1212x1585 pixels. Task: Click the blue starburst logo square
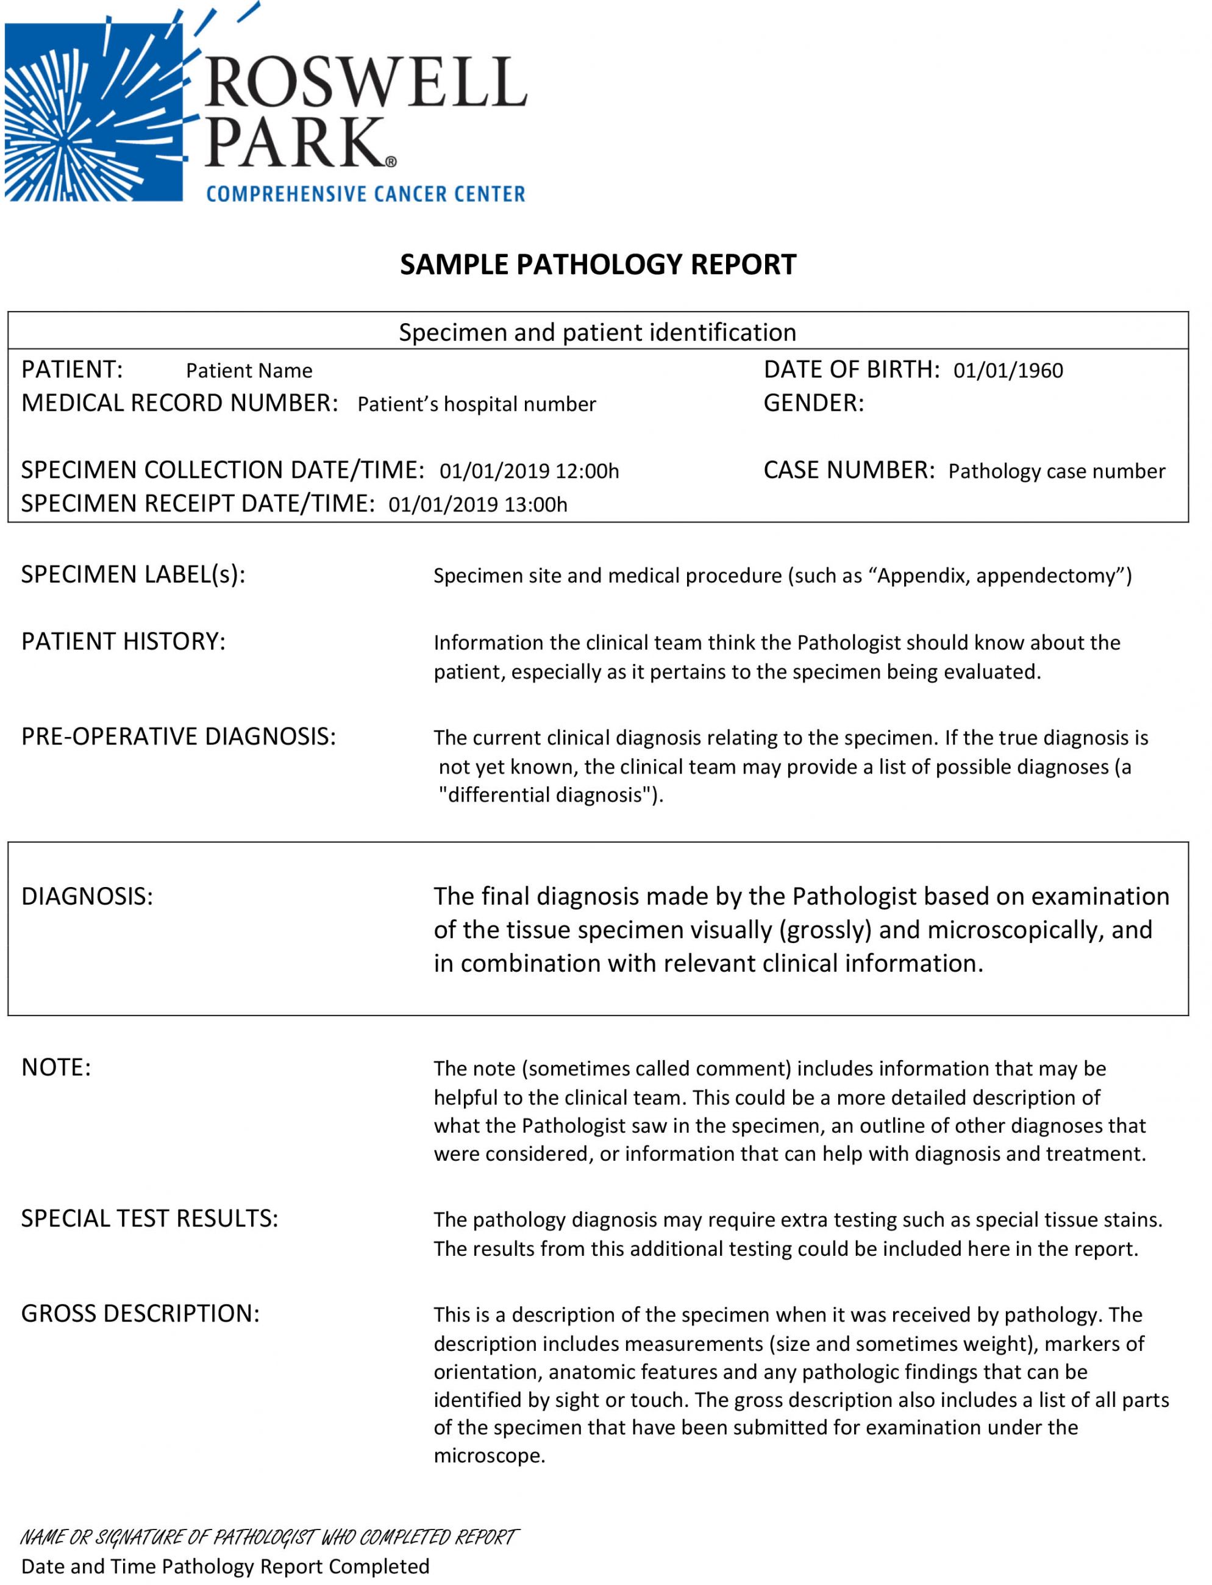click(94, 112)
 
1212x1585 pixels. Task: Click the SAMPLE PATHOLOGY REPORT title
click(598, 265)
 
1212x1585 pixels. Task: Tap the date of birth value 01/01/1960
click(1008, 371)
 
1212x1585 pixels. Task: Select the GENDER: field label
click(813, 404)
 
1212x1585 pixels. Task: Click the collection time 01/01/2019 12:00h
click(529, 471)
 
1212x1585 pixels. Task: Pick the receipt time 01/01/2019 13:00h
click(477, 504)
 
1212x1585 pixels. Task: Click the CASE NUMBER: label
click(849, 471)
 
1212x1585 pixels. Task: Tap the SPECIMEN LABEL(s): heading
click(134, 574)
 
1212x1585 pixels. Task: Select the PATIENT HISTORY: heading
click(123, 641)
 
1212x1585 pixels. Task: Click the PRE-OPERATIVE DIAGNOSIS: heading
click(178, 736)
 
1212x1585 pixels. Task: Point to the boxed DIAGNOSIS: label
click(87, 896)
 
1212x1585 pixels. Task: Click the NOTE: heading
click(56, 1067)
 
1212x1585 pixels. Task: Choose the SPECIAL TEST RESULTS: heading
click(149, 1219)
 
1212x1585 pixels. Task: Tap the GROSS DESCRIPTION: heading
click(140, 1314)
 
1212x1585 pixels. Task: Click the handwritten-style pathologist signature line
click(268, 1537)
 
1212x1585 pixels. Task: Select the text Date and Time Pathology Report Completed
click(225, 1566)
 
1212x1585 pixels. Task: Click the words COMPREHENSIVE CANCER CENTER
click(366, 194)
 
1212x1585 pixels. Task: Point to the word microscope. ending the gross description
click(489, 1456)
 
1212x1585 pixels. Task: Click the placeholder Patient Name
click(249, 371)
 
